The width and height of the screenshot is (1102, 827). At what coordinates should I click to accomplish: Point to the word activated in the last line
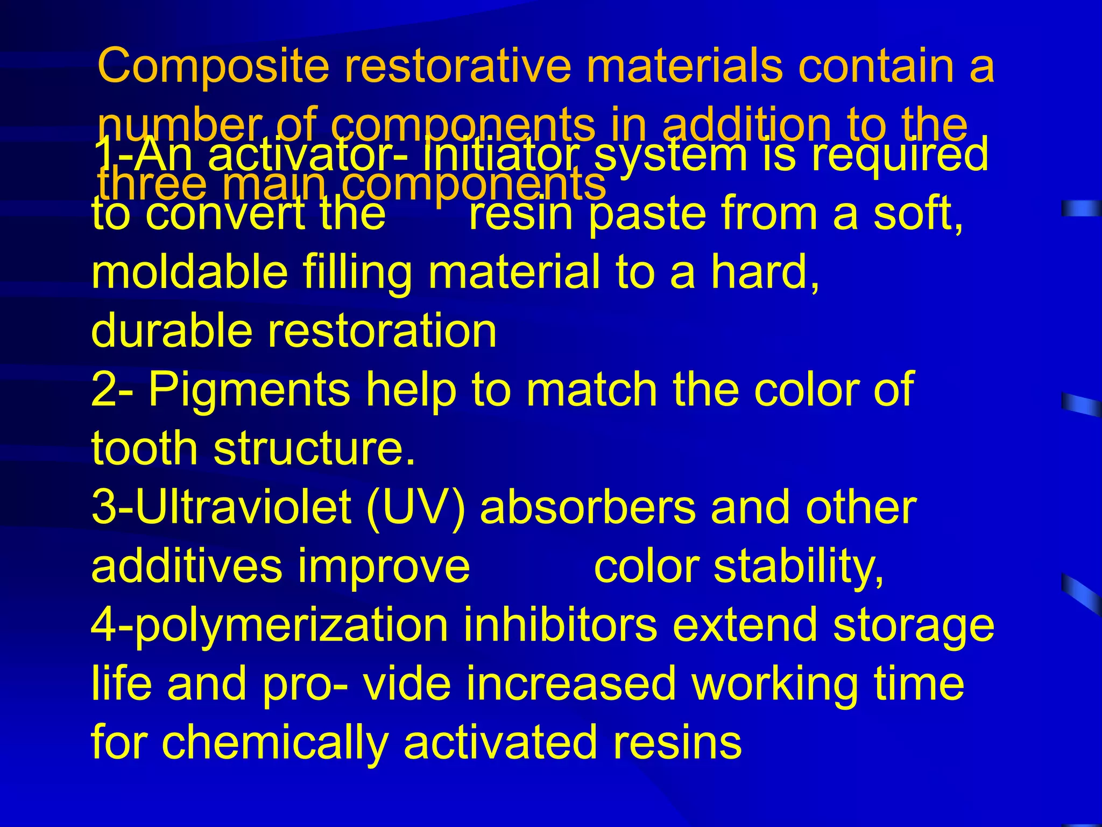[x=500, y=743]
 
